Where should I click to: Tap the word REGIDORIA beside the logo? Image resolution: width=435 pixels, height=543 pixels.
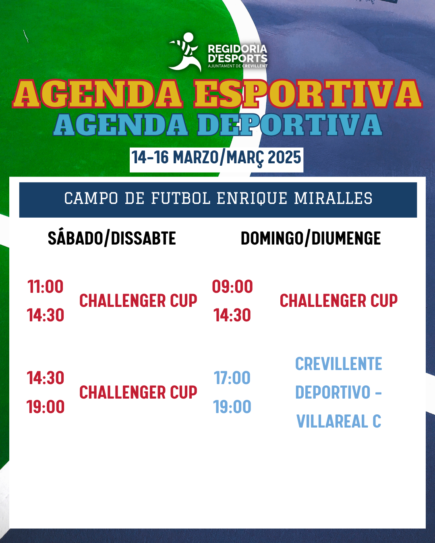tap(238, 49)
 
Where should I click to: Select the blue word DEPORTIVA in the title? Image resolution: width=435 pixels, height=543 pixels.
tap(290, 125)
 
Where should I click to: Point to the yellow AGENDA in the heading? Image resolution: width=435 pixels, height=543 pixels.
tap(97, 94)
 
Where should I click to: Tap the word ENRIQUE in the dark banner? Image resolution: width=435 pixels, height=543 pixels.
tap(252, 198)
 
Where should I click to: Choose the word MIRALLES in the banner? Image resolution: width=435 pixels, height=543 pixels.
tap(333, 198)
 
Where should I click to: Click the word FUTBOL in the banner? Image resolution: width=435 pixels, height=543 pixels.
tap(181, 198)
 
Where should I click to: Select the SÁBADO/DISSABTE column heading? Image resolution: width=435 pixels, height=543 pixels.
tap(112, 238)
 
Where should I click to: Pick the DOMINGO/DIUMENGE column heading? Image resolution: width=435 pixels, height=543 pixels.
tap(311, 238)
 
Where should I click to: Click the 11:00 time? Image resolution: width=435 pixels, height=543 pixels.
tap(46, 287)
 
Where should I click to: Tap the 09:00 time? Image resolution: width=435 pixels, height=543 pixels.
tap(232, 287)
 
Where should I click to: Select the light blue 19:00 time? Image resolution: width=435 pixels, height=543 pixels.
tap(232, 407)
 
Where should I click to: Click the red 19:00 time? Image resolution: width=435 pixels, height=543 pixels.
tap(46, 407)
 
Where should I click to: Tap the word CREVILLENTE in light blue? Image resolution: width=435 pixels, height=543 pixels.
tap(339, 364)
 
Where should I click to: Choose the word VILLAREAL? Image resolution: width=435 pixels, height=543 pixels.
tap(332, 421)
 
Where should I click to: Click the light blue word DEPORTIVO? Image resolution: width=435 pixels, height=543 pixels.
tap(333, 392)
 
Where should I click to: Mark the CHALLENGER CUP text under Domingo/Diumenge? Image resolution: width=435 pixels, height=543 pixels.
tap(339, 300)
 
